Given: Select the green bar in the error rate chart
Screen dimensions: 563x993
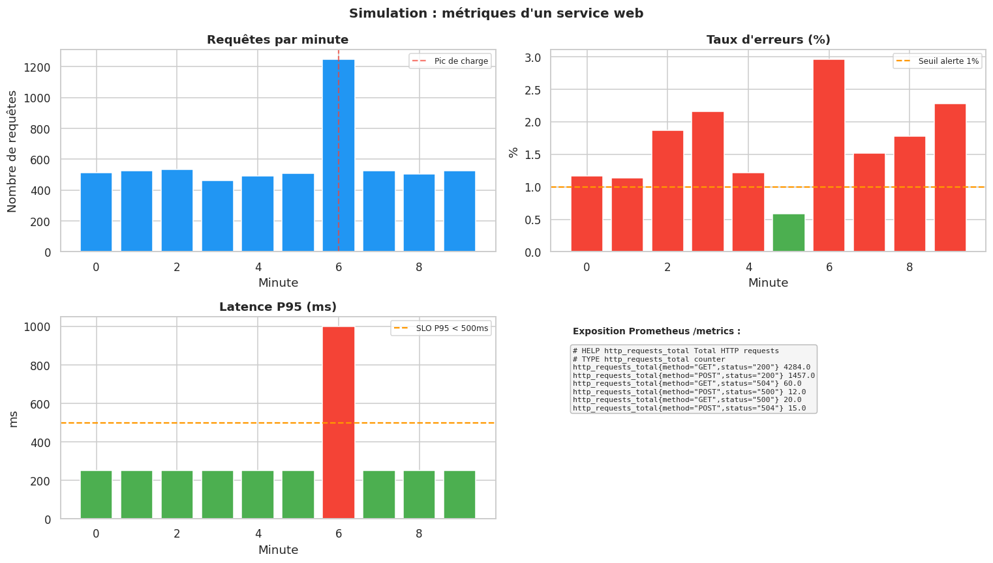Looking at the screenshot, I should (x=788, y=233).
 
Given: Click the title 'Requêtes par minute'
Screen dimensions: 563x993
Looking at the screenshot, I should (x=277, y=40).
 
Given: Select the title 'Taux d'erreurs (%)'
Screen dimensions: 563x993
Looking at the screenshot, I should (x=768, y=40).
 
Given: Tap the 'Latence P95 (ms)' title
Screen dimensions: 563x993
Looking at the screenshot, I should (x=277, y=307).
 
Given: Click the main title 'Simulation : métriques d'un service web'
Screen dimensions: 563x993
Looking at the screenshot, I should (x=496, y=13).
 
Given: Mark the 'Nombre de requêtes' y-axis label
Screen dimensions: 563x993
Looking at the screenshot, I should (x=12, y=151).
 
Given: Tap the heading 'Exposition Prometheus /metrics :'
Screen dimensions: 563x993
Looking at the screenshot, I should (x=656, y=332).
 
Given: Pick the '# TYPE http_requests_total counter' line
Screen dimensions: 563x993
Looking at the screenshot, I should (x=649, y=359).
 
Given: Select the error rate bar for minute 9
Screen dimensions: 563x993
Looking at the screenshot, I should (x=949, y=177).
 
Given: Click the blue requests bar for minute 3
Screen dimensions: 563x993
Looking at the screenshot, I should (x=217, y=216).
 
